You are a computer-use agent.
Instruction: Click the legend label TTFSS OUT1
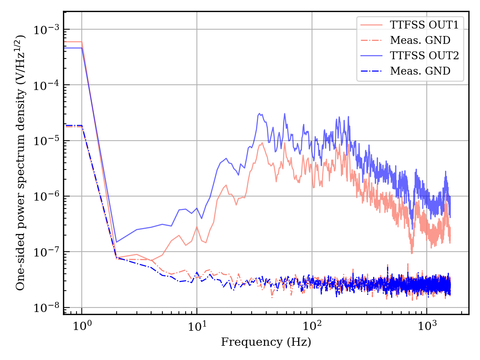[x=424, y=25]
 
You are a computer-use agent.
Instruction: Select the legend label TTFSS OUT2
[x=424, y=55]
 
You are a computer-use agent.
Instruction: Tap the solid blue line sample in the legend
[x=371, y=55]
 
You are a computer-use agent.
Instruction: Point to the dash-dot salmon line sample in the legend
[x=371, y=40]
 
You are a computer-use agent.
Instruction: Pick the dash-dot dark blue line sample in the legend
[x=371, y=71]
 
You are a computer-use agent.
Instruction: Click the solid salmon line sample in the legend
[x=371, y=25]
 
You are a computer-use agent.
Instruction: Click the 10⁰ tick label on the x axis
[x=82, y=325]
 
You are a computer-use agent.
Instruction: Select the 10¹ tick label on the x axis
[x=197, y=325]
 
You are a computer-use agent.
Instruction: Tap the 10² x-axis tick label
[x=312, y=325]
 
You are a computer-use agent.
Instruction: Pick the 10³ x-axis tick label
[x=427, y=325]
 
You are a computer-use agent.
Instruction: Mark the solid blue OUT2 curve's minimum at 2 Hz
[x=116, y=242]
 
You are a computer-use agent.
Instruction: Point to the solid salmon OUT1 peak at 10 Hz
[x=197, y=226]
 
